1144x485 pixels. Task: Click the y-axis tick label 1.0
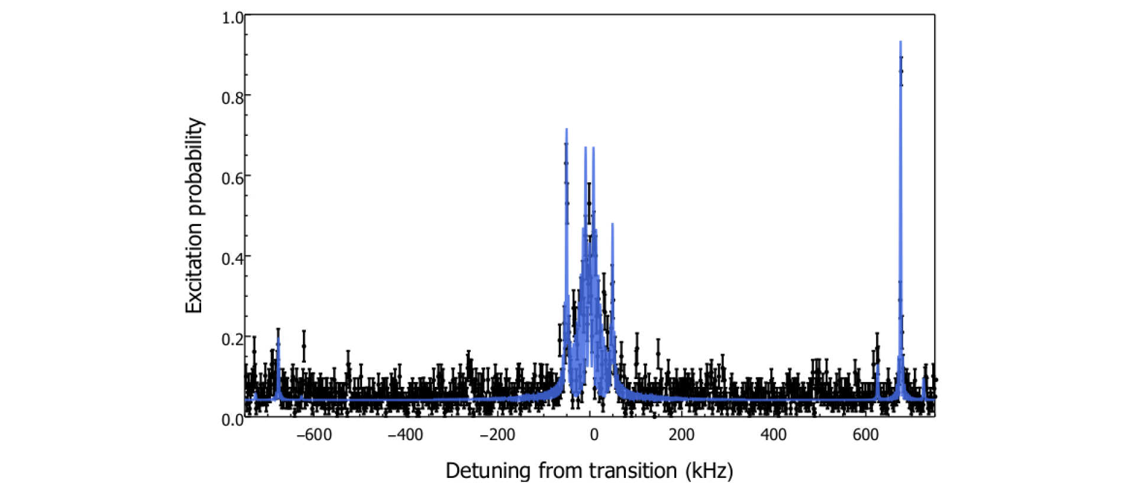point(232,18)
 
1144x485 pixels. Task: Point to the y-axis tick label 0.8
point(232,98)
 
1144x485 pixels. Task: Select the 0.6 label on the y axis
point(232,178)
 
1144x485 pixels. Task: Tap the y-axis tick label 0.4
point(232,258)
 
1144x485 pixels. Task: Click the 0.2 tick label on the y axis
point(232,339)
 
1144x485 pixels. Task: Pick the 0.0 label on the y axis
point(232,420)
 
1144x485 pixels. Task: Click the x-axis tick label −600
point(314,435)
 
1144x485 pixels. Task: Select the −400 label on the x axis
point(405,435)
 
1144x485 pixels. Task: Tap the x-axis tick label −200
point(497,435)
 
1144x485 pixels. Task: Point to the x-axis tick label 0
point(594,435)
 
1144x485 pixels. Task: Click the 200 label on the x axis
point(681,435)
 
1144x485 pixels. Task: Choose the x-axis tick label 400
point(773,435)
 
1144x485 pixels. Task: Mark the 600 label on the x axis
point(865,435)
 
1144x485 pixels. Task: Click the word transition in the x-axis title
point(633,471)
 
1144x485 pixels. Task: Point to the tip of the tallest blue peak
point(900,41)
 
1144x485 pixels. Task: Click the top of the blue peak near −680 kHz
point(279,339)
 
